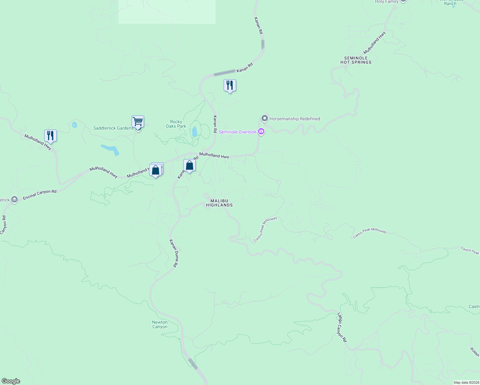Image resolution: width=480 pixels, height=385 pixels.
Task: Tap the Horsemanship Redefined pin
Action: (x=265, y=119)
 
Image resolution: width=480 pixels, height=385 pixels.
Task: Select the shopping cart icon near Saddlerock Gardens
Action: (x=138, y=122)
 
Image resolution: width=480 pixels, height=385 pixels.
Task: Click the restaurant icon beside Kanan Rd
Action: (x=230, y=85)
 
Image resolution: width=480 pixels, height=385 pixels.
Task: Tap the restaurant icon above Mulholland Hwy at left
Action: (x=50, y=135)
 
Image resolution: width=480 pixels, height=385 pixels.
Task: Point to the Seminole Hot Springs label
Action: (x=356, y=60)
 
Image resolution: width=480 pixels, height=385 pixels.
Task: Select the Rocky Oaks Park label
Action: (x=176, y=124)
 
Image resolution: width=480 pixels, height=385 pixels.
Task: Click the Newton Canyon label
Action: (x=160, y=324)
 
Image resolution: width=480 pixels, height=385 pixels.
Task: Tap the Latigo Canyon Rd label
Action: (x=342, y=327)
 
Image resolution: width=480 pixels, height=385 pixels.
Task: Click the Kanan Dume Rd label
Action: (x=174, y=253)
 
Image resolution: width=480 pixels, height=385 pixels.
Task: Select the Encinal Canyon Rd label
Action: (x=40, y=195)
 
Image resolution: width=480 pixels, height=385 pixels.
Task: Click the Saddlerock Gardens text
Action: (x=113, y=128)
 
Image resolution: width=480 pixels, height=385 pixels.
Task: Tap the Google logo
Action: (x=11, y=381)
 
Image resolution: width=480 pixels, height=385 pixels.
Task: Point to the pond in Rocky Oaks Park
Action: (x=194, y=132)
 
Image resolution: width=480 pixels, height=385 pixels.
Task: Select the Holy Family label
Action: (x=387, y=2)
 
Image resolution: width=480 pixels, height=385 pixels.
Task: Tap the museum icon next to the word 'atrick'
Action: (x=14, y=200)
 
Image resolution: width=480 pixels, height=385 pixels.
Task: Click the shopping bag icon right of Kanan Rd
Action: (x=189, y=166)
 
